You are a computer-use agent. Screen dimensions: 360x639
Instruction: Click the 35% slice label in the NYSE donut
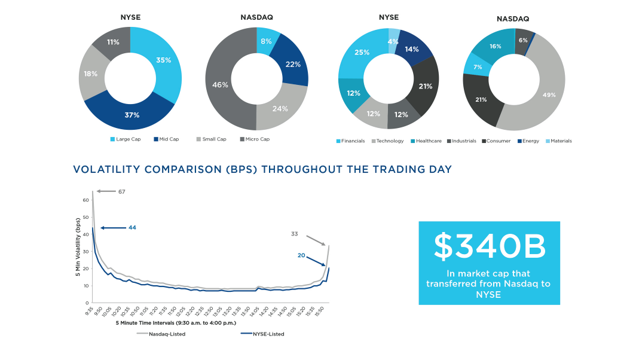[164, 60]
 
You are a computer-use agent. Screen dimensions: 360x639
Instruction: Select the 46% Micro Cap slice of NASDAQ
[220, 85]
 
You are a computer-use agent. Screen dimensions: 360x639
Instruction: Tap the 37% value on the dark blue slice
[132, 115]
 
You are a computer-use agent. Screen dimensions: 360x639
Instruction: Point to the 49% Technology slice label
[549, 94]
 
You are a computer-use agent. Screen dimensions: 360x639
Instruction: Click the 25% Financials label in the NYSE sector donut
[362, 52]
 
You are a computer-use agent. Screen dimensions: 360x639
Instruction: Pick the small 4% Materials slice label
[393, 42]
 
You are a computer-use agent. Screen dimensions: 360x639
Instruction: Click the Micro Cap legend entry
[254, 139]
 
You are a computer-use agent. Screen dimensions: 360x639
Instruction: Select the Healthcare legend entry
[426, 141]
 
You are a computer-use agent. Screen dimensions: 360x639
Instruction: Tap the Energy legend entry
[528, 141]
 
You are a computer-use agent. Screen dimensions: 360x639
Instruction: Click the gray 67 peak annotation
[121, 191]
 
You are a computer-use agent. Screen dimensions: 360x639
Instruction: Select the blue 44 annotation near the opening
[132, 228]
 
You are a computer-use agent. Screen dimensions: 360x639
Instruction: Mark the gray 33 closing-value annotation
[294, 234]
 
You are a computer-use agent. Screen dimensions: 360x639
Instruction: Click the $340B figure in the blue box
[489, 246]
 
